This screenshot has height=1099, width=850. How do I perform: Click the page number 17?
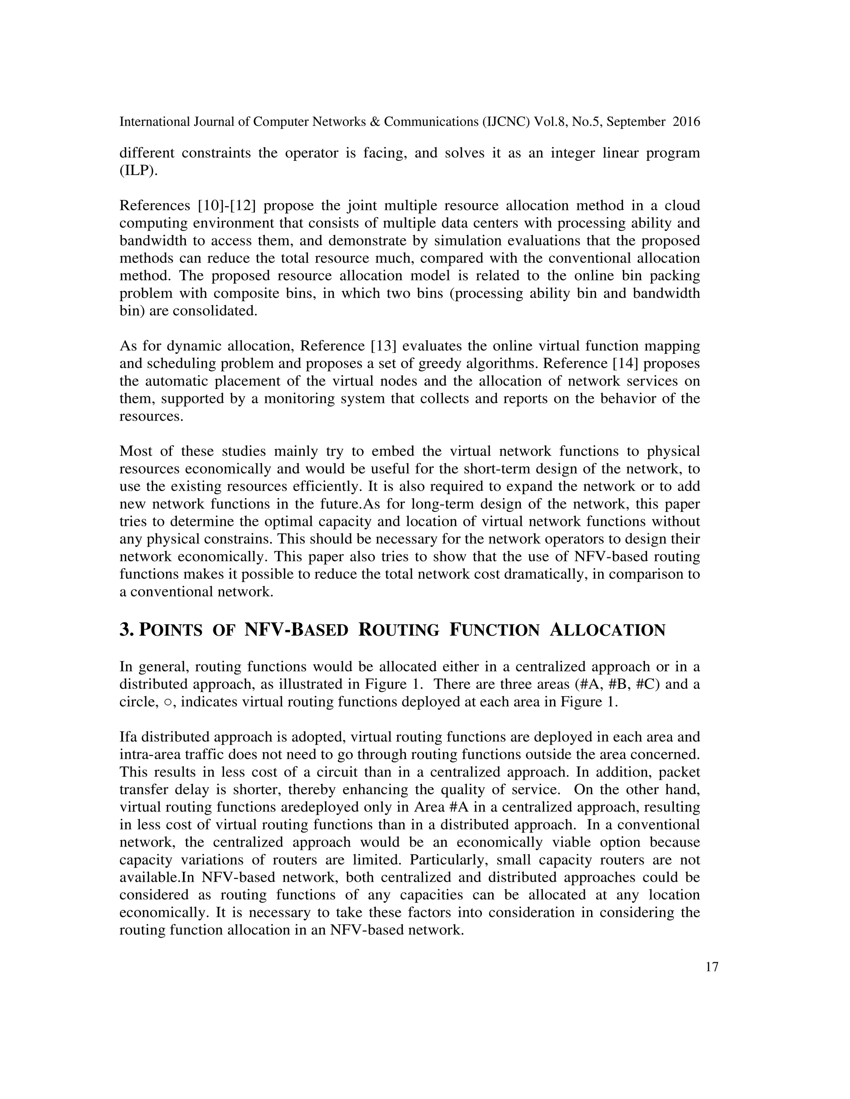(711, 967)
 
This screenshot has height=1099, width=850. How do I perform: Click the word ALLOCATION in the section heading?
(607, 630)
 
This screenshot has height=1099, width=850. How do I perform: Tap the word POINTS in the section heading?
(170, 630)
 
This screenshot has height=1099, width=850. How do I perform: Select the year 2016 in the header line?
(686, 122)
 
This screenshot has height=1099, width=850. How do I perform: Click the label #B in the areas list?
(619, 684)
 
